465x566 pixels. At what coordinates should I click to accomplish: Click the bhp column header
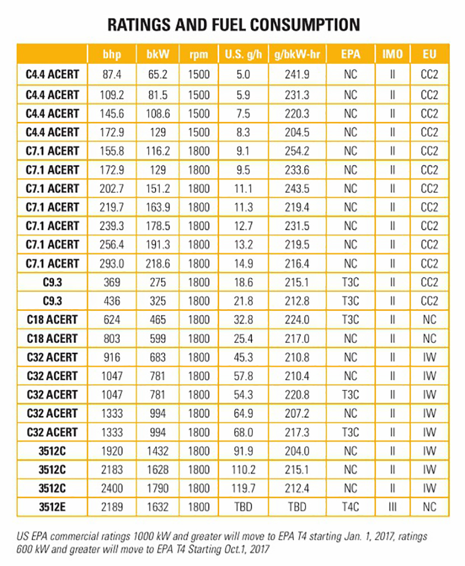[112, 55]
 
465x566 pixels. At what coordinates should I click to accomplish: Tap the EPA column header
[351, 55]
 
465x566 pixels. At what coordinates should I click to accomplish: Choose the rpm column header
[198, 55]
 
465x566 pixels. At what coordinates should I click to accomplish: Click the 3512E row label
[53, 507]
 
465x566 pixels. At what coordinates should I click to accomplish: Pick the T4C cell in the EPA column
[351, 507]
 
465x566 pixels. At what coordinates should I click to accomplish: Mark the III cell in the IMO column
[392, 507]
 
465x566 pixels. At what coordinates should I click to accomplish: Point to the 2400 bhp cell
[112, 489]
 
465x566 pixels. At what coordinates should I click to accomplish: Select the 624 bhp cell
[112, 320]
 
